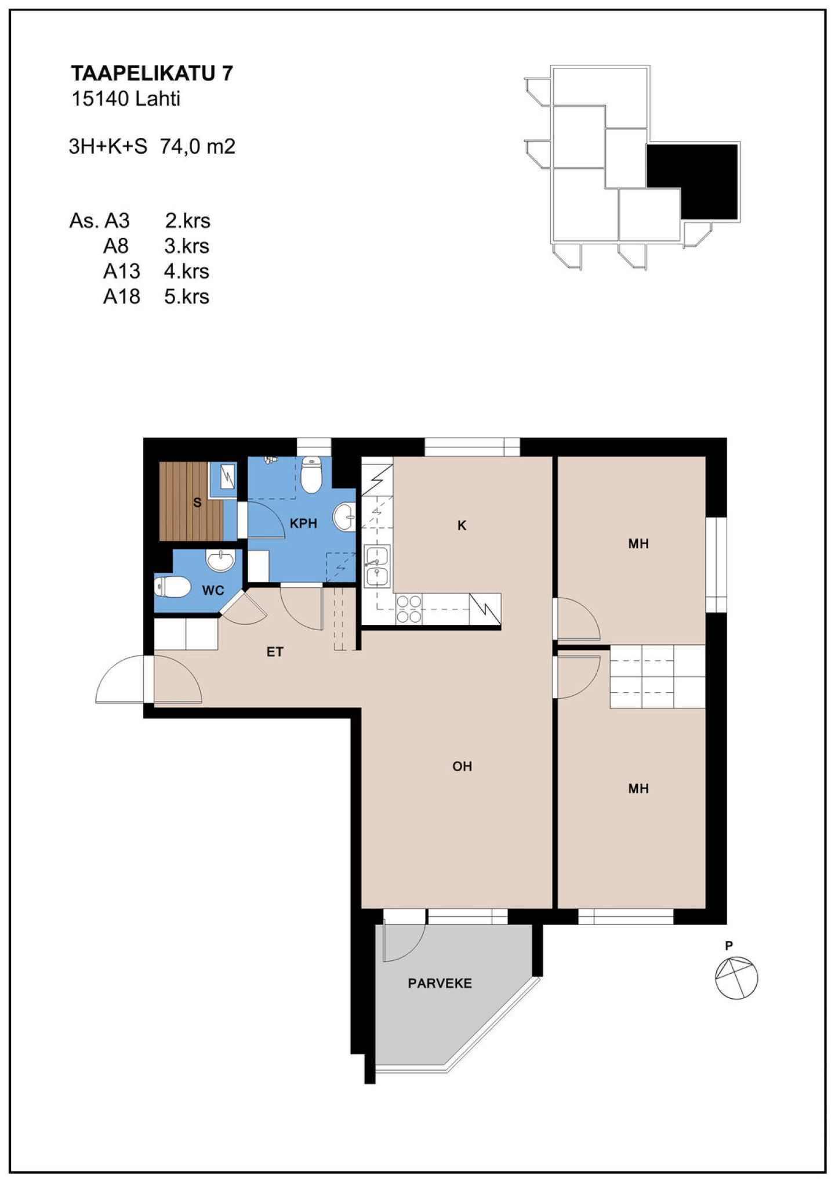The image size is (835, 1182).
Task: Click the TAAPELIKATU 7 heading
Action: (x=152, y=73)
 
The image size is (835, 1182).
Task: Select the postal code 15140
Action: (x=100, y=99)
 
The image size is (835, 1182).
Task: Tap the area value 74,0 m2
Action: (x=198, y=146)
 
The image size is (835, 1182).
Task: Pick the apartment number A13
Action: (x=122, y=271)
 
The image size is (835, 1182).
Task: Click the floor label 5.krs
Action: (x=187, y=297)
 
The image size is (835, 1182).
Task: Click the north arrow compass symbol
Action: (x=736, y=978)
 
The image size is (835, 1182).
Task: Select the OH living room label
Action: (x=462, y=767)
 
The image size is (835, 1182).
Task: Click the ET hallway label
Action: (x=275, y=652)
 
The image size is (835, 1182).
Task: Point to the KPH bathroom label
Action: (x=303, y=523)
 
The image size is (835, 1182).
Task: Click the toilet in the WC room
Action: (x=173, y=587)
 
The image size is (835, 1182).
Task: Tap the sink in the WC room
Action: (x=220, y=561)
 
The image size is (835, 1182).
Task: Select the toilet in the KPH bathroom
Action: (x=311, y=475)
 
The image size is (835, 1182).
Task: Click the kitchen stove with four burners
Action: (x=409, y=609)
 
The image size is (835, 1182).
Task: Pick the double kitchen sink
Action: (x=377, y=566)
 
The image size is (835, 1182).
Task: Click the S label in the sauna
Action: (x=197, y=503)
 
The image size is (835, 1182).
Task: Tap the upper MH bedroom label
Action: (x=638, y=544)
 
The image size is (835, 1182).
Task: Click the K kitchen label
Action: (x=462, y=526)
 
